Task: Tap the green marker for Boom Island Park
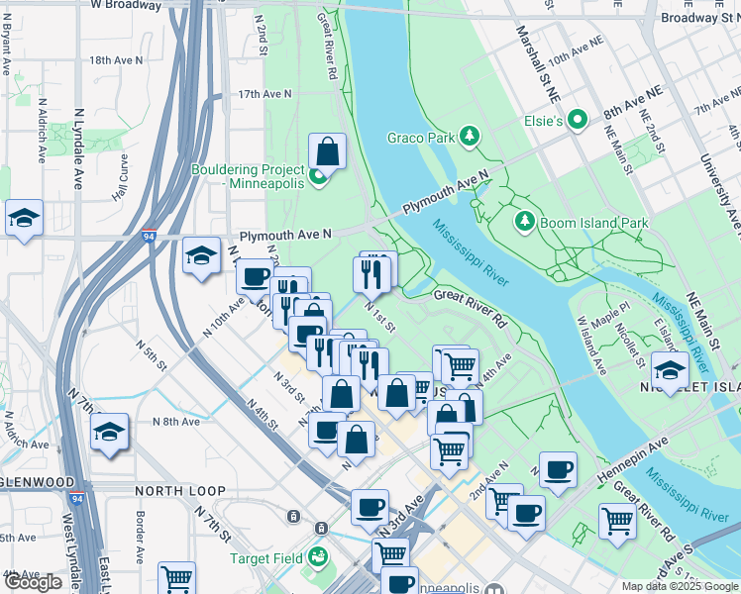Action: (525, 222)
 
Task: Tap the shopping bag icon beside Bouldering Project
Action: (327, 152)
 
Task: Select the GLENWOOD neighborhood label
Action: (37, 482)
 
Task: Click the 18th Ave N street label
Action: (115, 60)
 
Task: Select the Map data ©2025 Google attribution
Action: (679, 586)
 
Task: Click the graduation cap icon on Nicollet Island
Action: (671, 371)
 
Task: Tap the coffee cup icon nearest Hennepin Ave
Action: (558, 469)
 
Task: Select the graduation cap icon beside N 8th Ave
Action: (109, 432)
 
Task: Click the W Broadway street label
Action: (125, 6)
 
